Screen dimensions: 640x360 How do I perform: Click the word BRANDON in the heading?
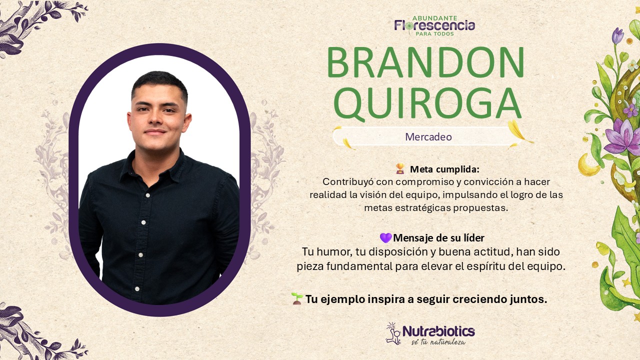click(x=425, y=62)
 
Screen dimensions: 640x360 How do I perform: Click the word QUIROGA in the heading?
click(x=427, y=103)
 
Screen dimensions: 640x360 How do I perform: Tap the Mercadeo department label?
click(x=428, y=137)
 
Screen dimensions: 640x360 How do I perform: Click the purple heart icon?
click(x=385, y=237)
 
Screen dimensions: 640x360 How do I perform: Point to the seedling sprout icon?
click(x=297, y=298)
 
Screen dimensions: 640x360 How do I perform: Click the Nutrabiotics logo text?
click(x=438, y=331)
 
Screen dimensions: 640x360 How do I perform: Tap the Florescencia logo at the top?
click(x=434, y=25)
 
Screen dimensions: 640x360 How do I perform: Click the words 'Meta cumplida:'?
click(x=444, y=169)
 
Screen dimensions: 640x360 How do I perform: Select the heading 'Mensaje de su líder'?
click(x=438, y=238)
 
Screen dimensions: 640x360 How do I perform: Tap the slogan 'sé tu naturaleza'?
click(x=438, y=342)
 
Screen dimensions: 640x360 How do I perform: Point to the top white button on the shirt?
click(x=147, y=195)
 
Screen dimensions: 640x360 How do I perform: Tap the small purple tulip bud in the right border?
click(x=617, y=36)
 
